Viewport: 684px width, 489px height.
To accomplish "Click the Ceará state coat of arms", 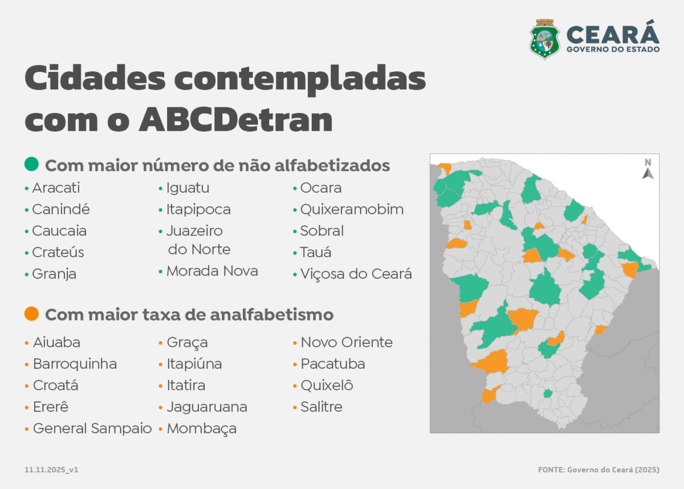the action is click(x=544, y=39).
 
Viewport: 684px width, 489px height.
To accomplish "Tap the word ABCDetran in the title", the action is click(x=236, y=120).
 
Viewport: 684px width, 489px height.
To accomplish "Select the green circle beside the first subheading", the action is click(x=31, y=164).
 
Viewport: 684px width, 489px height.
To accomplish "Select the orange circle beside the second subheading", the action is click(x=31, y=314).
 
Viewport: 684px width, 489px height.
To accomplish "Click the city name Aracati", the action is click(x=56, y=188).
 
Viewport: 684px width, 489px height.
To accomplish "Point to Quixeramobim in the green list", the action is click(x=352, y=209).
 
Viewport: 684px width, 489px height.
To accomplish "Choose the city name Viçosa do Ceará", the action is click(x=356, y=274).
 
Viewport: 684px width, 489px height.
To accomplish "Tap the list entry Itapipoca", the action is click(x=198, y=209).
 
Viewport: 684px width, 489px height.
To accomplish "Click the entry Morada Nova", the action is click(x=212, y=271).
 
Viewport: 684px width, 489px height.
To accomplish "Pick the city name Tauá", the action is click(x=316, y=252).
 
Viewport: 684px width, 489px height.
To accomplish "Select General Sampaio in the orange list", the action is click(x=92, y=429).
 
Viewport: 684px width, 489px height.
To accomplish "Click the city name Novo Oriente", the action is click(x=347, y=342).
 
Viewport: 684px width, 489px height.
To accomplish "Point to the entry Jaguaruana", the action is click(x=207, y=407).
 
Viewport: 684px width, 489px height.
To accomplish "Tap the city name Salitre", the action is click(x=321, y=407).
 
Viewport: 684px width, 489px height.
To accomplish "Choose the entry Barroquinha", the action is click(x=75, y=364).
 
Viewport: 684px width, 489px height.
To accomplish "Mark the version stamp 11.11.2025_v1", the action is click(x=51, y=470).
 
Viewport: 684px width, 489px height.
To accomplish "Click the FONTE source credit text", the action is click(x=598, y=470).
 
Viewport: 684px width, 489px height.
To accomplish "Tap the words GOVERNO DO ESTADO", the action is click(x=613, y=49).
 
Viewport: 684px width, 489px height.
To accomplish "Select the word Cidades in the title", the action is click(x=95, y=78).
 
